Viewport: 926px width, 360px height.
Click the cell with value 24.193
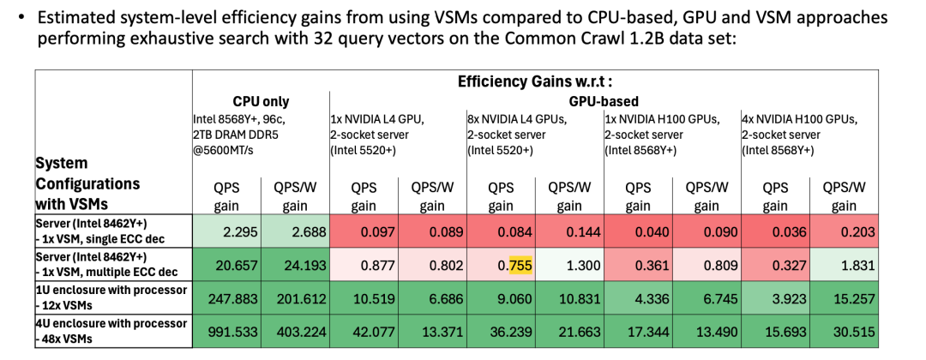296,266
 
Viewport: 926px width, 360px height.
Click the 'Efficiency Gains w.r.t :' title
535,82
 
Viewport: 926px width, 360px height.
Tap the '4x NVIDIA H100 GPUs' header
798,118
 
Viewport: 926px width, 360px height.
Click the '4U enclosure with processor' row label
111,323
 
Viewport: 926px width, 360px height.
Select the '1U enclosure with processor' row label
111,291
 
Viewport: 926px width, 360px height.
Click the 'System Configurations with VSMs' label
87,184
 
